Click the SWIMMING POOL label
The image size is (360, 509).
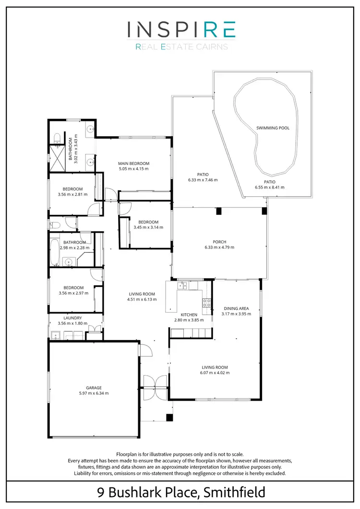(x=273, y=128)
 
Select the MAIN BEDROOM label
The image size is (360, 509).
(x=134, y=164)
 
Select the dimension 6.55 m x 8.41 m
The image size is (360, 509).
(x=269, y=187)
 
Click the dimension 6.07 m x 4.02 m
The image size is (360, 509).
(x=215, y=372)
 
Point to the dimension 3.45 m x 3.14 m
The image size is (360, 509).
(x=148, y=227)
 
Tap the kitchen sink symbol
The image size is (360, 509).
(x=182, y=286)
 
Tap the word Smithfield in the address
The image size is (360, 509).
(x=234, y=492)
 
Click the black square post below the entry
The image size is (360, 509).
(x=168, y=417)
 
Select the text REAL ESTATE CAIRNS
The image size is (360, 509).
(x=181, y=47)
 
